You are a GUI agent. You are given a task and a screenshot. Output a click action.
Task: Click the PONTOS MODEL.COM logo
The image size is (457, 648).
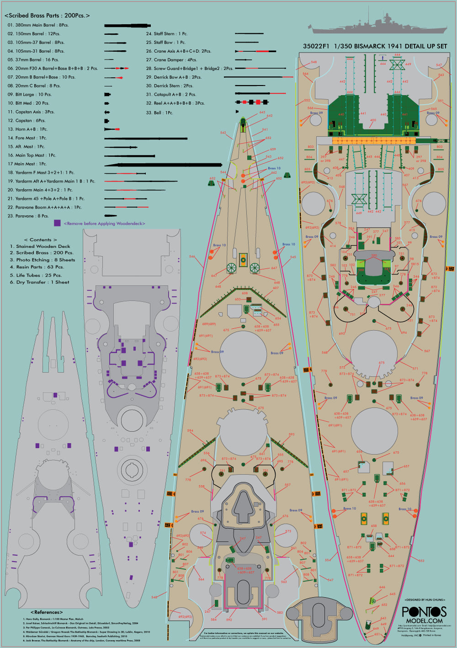tap(424, 614)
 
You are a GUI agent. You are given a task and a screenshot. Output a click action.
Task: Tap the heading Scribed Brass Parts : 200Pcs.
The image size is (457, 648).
tap(47, 16)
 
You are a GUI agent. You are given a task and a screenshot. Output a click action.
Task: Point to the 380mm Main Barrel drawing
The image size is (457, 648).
tap(127, 26)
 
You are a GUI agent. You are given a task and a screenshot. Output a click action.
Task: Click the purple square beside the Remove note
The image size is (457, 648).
tap(57, 223)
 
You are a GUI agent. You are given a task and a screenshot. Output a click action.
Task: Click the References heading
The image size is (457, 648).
tap(47, 612)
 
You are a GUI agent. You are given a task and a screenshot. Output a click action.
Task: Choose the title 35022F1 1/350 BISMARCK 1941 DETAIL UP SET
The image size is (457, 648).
tap(375, 46)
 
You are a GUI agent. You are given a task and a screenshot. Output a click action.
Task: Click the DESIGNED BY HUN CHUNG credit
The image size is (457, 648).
tap(425, 600)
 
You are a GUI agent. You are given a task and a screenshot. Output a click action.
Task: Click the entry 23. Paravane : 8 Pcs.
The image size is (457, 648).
tap(28, 216)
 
